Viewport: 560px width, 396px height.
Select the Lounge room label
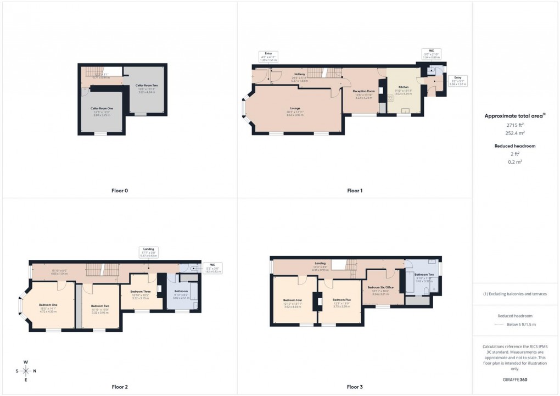pyautogui.click(x=295, y=108)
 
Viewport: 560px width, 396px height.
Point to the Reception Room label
pyautogui.click(x=363, y=91)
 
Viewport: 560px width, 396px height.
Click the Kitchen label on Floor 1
pyautogui.click(x=404, y=87)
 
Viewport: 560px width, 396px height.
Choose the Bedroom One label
pyautogui.click(x=48, y=305)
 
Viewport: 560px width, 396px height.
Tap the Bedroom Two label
pyautogui.click(x=100, y=305)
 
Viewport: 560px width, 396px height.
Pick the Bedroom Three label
pyautogui.click(x=141, y=292)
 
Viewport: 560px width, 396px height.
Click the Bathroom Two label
pyautogui.click(x=424, y=274)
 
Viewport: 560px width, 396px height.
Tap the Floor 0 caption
pyautogui.click(x=119, y=191)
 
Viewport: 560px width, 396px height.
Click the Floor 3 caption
pyautogui.click(x=355, y=387)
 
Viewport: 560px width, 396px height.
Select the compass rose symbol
pyautogui.click(x=25, y=371)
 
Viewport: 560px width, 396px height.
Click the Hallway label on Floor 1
pyautogui.click(x=299, y=74)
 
